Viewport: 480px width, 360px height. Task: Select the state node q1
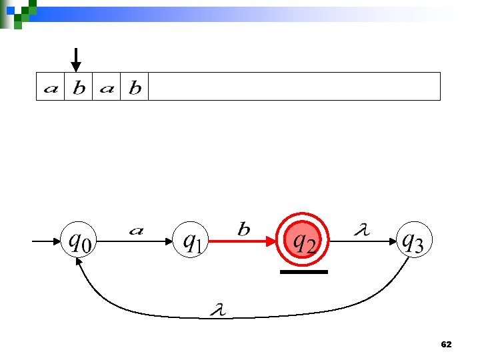191,241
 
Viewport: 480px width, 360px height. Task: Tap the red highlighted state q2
304,241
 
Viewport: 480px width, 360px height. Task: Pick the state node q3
410,241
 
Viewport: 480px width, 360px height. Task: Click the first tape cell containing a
51,87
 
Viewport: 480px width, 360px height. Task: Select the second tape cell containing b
79,87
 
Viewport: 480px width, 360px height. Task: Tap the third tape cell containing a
107,87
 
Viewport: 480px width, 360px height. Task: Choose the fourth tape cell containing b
135,87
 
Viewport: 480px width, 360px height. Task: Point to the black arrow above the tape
77,59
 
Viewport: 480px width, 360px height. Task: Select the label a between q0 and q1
136,231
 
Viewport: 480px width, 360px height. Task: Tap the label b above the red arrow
244,229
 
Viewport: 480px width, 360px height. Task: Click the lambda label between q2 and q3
362,230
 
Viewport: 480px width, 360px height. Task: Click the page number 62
447,344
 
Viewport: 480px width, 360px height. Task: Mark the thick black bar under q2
304,272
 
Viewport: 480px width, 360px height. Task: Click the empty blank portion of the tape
293,87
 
